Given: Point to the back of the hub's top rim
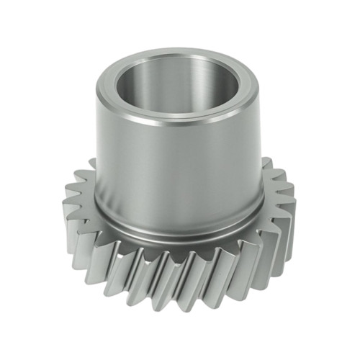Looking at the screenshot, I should [180, 53].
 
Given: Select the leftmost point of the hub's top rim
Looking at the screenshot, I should [96, 88].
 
